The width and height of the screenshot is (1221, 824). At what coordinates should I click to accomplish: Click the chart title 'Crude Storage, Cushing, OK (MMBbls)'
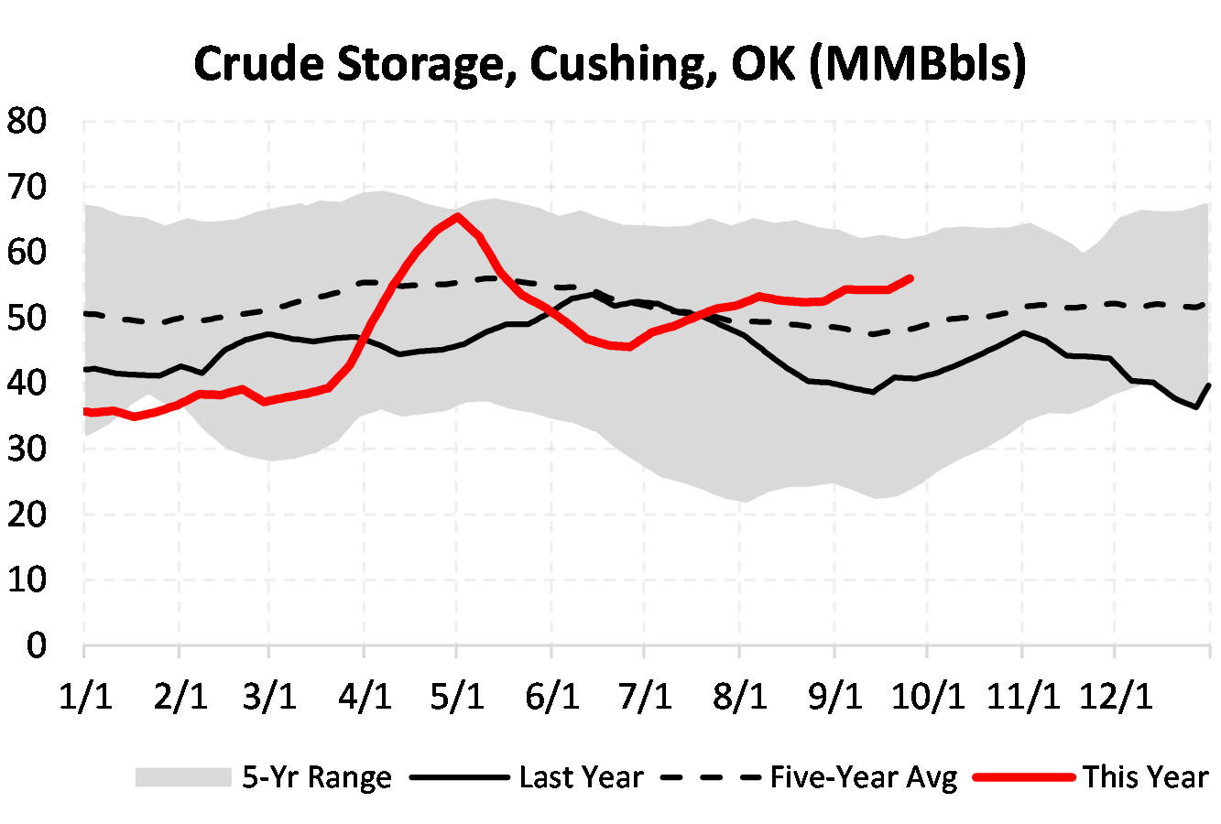coord(610,64)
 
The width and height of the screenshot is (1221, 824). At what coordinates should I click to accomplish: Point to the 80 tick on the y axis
coord(27,122)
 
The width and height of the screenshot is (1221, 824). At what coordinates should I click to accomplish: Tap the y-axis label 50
coord(27,318)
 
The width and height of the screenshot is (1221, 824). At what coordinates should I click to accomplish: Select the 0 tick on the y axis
coord(37,645)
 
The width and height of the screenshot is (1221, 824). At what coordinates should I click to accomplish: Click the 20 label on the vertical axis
coord(27,515)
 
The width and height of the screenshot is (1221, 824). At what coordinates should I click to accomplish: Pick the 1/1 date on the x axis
coord(85,697)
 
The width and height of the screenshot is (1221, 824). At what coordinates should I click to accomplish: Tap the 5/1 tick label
coord(457,697)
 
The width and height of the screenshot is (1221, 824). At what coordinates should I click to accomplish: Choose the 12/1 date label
coord(1117,697)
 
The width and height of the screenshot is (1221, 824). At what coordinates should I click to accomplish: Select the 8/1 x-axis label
coord(740,697)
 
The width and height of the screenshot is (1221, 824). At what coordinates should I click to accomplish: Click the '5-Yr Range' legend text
coord(316,777)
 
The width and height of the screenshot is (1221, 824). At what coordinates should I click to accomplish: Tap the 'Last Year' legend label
coord(581,777)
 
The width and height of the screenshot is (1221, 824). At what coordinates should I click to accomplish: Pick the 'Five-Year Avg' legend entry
coord(863,777)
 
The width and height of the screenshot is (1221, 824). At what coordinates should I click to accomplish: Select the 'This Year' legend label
coord(1146,777)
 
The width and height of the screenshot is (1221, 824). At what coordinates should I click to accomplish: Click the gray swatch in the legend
coord(183,777)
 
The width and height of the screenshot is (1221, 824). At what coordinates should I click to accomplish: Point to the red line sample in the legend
coord(1023,777)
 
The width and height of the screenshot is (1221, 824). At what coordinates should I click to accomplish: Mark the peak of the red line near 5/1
coord(457,216)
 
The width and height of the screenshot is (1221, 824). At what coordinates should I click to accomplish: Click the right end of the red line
coord(910,276)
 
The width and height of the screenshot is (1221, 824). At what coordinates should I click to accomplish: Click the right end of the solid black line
coord(1210,385)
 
